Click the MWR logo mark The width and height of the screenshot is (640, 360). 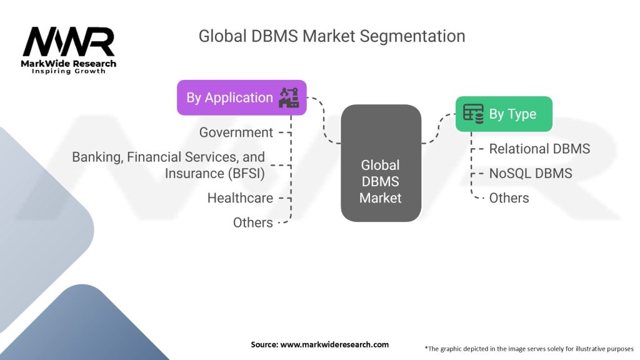69,42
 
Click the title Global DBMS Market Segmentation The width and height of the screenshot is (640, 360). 331,36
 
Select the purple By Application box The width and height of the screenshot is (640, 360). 242,97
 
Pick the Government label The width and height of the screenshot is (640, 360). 236,132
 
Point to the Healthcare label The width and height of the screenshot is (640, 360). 240,198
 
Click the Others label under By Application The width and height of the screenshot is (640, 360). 252,222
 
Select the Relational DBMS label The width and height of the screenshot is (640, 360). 539,149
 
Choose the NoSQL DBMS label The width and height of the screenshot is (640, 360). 531,173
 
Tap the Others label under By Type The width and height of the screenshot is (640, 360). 509,198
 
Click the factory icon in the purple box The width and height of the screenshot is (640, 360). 289,97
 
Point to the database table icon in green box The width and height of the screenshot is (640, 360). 473,114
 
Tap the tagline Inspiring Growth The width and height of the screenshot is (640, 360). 69,71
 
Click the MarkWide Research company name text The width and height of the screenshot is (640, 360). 69,63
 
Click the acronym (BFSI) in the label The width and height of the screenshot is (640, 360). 246,174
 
